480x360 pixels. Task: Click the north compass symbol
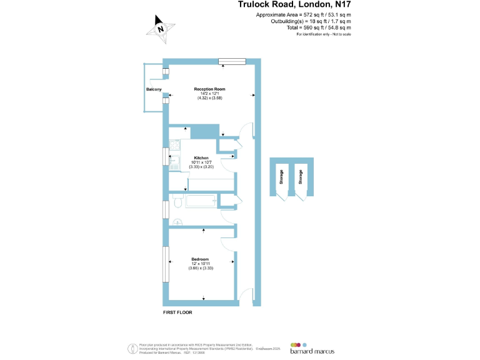(161, 28)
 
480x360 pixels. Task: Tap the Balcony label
(154, 90)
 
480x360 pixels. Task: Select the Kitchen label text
(201, 157)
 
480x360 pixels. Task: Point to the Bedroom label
(201, 259)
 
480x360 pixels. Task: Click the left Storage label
(282, 177)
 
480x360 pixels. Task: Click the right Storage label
(301, 177)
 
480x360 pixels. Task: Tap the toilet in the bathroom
(177, 202)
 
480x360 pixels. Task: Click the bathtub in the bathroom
(199, 201)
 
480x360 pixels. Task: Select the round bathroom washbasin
(177, 220)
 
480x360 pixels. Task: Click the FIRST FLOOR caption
(177, 311)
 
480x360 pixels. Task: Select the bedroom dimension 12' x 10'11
(201, 264)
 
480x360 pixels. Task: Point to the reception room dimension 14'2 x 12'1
(210, 94)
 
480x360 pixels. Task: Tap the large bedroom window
(166, 265)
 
